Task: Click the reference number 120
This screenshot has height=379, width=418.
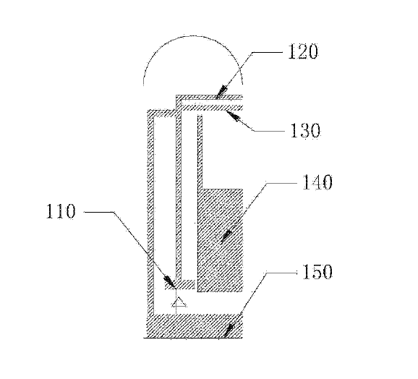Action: [303, 51]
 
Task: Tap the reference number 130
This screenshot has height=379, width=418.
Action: [305, 130]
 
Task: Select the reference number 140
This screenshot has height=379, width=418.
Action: [317, 182]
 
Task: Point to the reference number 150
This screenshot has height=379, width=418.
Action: [317, 271]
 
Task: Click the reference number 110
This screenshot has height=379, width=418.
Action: [61, 211]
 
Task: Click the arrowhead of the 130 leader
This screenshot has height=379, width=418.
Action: [232, 116]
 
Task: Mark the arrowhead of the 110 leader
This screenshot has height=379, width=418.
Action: [169, 281]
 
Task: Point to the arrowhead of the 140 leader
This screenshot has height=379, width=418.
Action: [226, 237]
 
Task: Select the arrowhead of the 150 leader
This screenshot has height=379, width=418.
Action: [229, 330]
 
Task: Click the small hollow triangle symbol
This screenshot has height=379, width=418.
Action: [179, 302]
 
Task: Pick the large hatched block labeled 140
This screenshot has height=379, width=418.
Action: [220, 240]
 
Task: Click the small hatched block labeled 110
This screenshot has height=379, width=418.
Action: [180, 285]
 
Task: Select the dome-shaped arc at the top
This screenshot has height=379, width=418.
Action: [193, 36]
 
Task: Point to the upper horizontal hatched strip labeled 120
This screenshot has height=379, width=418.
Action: [209, 98]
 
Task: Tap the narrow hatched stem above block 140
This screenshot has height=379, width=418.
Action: [200, 153]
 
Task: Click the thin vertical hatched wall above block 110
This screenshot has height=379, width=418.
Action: [179, 197]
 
